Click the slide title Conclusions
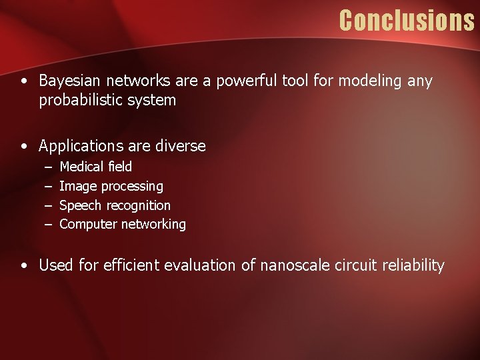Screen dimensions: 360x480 pyautogui.click(x=406, y=20)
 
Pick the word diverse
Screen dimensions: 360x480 pyautogui.click(x=180, y=145)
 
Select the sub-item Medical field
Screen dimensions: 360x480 pyautogui.click(x=95, y=167)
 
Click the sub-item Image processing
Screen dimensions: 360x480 pyautogui.click(x=111, y=186)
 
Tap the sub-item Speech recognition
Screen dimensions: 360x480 pyautogui.click(x=115, y=205)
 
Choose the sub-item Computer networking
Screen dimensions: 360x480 pyautogui.click(x=122, y=224)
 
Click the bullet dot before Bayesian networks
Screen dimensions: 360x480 pyautogui.click(x=25, y=82)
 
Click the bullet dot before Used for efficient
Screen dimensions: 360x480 pyautogui.click(x=25, y=266)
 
